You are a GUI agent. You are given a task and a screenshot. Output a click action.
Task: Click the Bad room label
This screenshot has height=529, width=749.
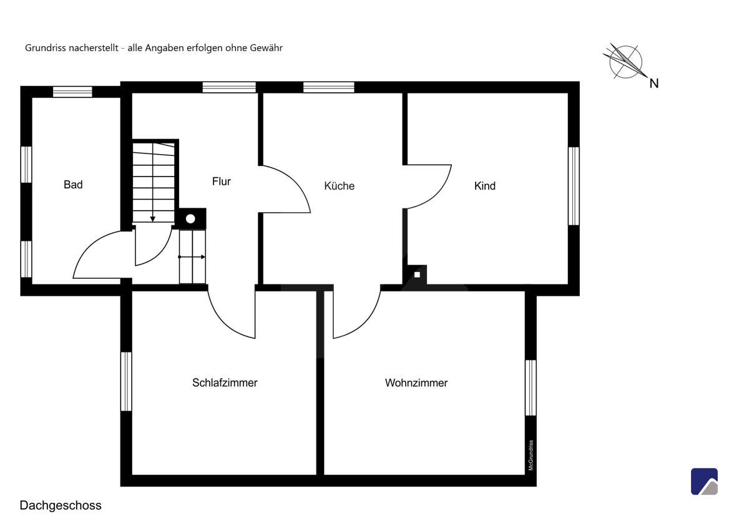coord(73,185)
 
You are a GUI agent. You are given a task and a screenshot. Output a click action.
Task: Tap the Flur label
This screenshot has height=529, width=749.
coord(222,182)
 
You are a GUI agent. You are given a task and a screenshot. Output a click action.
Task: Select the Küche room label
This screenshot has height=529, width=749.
coord(339,185)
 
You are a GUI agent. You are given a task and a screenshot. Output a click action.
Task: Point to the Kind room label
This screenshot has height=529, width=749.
coord(484,186)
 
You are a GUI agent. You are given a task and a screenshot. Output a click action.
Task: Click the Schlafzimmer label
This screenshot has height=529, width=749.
coord(225,382)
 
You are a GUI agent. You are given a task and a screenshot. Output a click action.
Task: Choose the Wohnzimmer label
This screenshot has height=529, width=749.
coord(416,382)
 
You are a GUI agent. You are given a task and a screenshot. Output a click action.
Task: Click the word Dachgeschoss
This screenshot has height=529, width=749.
coord(61,505)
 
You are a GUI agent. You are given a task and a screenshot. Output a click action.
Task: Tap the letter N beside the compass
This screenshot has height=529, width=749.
coord(654,84)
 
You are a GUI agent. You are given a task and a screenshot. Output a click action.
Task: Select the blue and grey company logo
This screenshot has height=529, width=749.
coord(704,481)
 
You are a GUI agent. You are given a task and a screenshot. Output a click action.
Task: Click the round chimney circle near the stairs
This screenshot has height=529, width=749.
coord(190,219)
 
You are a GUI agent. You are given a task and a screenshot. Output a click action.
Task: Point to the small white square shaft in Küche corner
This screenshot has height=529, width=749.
coord(417,274)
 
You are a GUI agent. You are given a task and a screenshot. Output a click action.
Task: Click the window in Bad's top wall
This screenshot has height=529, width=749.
coord(72,92)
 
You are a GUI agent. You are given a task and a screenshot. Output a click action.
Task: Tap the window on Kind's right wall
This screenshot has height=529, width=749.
coord(574,186)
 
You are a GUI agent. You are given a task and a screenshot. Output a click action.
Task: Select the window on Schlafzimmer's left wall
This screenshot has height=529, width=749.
coord(126,381)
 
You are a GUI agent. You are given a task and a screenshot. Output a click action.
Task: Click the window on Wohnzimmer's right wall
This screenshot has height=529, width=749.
coord(531,387)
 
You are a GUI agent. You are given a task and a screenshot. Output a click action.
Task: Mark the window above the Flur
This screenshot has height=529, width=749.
coord(229,87)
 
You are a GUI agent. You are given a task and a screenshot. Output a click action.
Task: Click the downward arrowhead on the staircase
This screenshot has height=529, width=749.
coord(152,219)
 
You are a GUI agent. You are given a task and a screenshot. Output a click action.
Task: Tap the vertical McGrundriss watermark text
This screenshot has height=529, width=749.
coord(531,455)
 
